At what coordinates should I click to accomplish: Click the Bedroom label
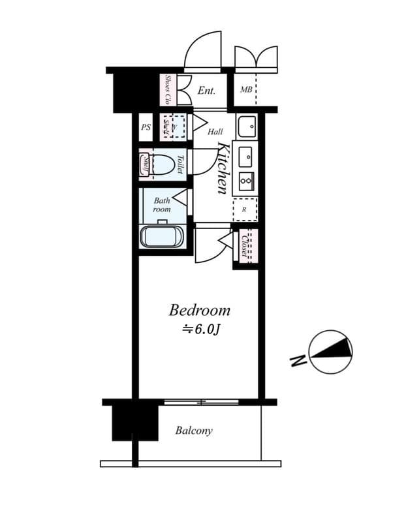[200, 309]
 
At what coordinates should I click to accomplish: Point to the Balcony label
[193, 431]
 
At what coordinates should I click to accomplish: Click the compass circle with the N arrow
[331, 352]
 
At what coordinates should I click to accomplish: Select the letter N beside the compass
[298, 360]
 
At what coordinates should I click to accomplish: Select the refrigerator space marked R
[245, 209]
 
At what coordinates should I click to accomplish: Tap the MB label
[246, 90]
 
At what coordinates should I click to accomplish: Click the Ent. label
[206, 91]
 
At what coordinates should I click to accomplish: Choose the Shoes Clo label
[168, 90]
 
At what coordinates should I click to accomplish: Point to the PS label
[146, 127]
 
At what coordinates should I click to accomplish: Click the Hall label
[215, 132]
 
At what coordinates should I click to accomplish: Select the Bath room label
[162, 205]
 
